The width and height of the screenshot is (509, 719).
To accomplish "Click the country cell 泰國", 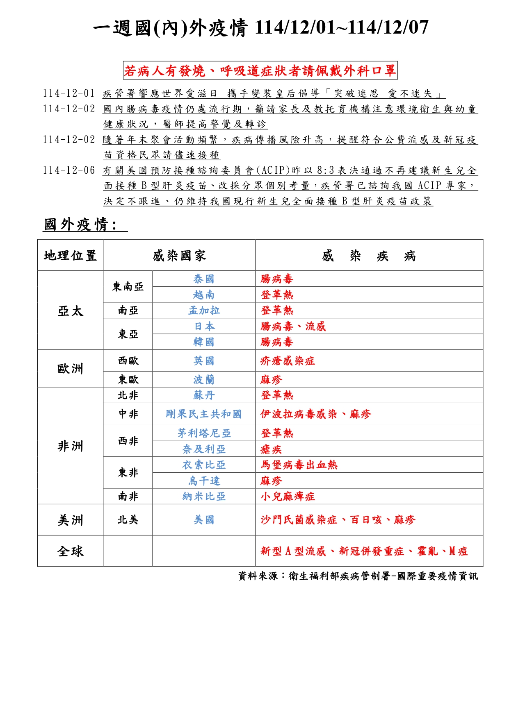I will (x=204, y=279).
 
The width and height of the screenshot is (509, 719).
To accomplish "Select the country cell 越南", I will (x=204, y=295).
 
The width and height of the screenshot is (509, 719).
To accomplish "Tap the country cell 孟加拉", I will (x=204, y=311).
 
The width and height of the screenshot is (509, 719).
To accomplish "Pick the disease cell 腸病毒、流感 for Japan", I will (x=293, y=327).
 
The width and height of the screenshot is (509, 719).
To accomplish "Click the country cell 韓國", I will (x=204, y=342).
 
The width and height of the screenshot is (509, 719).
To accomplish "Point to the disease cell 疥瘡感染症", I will (x=288, y=361).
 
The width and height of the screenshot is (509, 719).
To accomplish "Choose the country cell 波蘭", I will (x=204, y=380).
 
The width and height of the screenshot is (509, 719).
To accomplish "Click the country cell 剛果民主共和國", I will (x=204, y=414).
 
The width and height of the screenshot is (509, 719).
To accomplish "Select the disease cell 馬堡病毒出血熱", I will (x=299, y=465).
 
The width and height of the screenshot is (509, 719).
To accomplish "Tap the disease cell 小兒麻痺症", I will (x=288, y=497).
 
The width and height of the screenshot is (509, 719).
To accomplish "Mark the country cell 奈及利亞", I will (x=204, y=449).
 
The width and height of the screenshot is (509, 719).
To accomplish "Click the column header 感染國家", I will (x=179, y=256).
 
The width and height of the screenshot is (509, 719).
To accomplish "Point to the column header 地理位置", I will (x=70, y=256).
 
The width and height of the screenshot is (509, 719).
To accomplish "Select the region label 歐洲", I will (x=70, y=369).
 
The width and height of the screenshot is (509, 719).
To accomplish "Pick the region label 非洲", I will (x=70, y=446).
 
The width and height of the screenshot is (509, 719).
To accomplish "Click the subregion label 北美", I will (x=128, y=520).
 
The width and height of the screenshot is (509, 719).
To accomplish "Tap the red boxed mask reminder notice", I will (x=260, y=71).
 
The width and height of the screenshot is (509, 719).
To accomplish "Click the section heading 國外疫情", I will (x=80, y=225).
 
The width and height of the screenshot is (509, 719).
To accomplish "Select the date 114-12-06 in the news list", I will (x=68, y=170).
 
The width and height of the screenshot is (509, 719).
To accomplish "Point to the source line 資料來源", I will (x=358, y=576).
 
